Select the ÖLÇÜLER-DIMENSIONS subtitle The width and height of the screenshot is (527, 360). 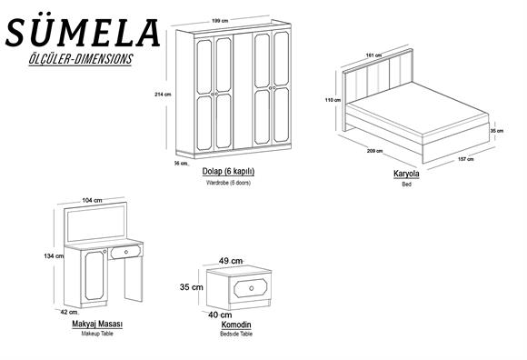81,59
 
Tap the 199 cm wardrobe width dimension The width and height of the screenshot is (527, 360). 220,21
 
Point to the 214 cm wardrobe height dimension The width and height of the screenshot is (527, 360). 163,95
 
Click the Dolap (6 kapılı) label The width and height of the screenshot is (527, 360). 228,172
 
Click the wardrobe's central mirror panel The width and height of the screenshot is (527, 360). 243,91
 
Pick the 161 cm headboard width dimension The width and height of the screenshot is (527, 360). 373,55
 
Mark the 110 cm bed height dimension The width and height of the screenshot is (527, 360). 333,100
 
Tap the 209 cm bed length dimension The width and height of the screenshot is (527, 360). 375,151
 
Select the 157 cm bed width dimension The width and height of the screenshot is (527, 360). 466,159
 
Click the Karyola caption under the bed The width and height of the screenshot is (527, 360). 406,174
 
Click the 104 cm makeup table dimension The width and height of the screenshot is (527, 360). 92,200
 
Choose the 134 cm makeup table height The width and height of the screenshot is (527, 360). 54,256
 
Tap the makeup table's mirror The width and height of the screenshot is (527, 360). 96,223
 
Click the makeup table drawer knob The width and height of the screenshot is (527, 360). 126,252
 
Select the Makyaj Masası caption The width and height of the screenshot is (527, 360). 97,324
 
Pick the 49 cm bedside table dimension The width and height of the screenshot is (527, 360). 231,261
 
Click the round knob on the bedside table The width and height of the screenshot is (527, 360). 252,288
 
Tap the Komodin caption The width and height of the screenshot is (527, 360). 236,325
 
